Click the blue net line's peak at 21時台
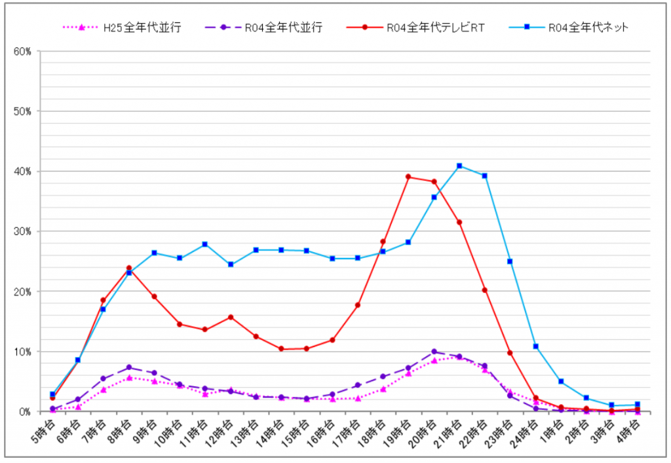[459, 166]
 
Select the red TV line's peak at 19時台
[408, 177]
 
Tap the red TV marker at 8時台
[128, 268]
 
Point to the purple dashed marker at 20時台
[434, 352]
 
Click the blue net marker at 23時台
[510, 261]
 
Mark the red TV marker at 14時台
[281, 349]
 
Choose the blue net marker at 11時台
[205, 244]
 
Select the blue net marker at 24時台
[535, 346]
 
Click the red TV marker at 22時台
[484, 290]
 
